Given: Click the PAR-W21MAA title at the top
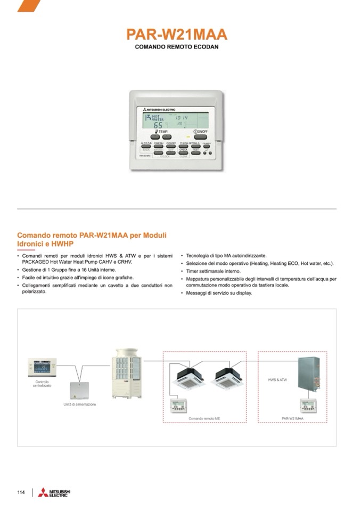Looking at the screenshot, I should click(177, 35).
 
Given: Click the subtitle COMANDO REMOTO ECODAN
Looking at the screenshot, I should click(177, 47).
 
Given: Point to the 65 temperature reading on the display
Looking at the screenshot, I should click(159, 125).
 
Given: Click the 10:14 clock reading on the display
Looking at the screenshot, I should click(182, 117).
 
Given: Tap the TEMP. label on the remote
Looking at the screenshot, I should click(162, 131).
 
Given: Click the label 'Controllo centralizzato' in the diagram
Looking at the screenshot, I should click(42, 384).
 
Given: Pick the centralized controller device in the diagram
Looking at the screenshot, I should click(42, 367).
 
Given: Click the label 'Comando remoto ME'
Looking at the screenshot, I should click(204, 419).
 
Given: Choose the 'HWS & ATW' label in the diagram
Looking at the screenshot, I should click(277, 380).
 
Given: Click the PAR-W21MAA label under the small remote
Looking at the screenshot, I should click(292, 419).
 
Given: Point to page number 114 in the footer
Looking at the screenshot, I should click(21, 492).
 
